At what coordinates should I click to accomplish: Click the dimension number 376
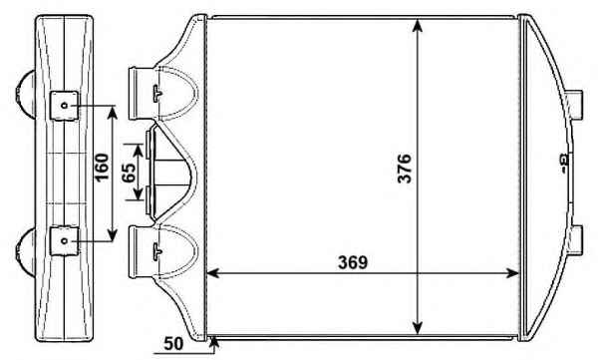coord(405,169)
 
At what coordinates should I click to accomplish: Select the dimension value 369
coord(353,262)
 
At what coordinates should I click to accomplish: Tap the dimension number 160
coord(102,168)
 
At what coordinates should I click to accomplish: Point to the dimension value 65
coord(128,173)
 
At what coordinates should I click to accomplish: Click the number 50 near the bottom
coord(173,344)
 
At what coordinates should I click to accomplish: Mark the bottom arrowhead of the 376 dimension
coord(418,327)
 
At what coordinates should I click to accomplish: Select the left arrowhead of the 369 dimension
coord(213,273)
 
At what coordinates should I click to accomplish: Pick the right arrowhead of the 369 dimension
coord(512,273)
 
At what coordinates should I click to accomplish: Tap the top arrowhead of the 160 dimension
coord(112,112)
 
